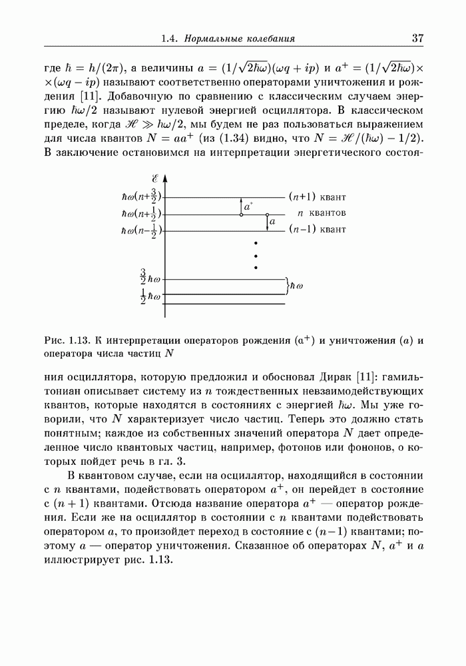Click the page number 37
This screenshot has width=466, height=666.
(417, 38)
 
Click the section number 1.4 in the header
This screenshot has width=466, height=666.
(169, 39)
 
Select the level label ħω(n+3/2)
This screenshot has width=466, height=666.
(142, 198)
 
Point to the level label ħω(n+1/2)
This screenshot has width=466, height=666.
(142, 214)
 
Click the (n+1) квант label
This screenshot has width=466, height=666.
(317, 197)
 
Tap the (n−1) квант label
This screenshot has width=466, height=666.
(317, 230)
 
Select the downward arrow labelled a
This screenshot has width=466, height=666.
(266, 222)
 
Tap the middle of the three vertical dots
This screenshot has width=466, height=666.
(256, 256)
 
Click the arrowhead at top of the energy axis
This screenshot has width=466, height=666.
(164, 179)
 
